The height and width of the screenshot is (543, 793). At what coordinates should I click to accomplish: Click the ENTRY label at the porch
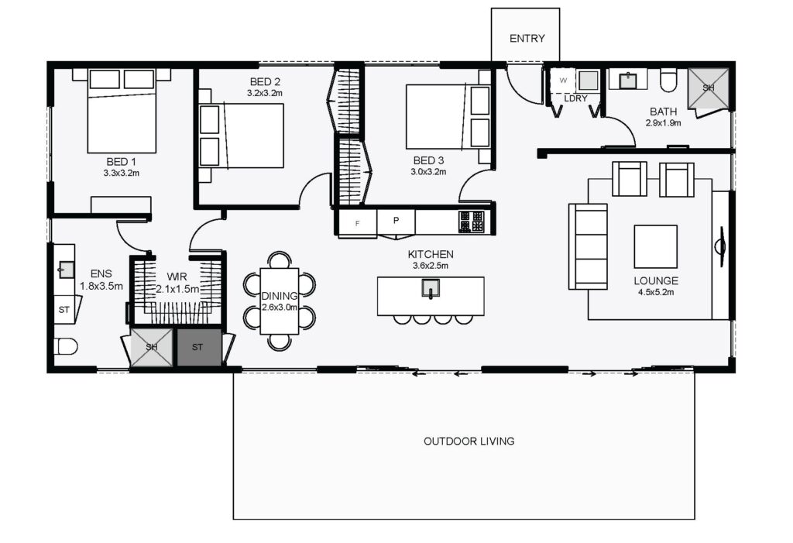[x=527, y=39]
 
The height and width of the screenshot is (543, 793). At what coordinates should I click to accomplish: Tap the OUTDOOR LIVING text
[x=469, y=442]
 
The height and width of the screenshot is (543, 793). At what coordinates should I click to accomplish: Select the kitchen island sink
[x=431, y=288]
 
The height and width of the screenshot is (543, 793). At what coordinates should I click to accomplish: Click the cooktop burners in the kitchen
[x=472, y=222]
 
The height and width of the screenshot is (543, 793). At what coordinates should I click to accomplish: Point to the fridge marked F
[x=358, y=223]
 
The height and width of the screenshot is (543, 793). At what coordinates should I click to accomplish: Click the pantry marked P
[x=396, y=222]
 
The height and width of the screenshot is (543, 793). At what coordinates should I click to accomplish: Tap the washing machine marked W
[x=563, y=81]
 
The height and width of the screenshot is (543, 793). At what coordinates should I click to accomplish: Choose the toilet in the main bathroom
[x=668, y=80]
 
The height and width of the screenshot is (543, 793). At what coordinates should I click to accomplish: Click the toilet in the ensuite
[x=66, y=346]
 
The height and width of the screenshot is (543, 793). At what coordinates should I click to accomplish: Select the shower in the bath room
[x=708, y=88]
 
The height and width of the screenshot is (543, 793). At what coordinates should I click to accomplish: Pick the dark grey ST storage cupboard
[x=199, y=347]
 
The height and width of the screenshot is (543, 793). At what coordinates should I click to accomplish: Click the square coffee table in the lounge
[x=655, y=246]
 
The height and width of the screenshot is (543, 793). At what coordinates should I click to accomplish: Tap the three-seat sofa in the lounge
[x=588, y=246]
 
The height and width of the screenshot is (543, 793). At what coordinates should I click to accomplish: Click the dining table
[x=279, y=301]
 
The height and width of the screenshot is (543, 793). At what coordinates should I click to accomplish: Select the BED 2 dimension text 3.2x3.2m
[x=265, y=93]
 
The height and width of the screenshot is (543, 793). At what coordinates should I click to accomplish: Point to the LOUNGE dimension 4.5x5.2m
[x=656, y=292]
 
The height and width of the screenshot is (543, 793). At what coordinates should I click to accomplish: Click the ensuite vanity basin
[x=67, y=270]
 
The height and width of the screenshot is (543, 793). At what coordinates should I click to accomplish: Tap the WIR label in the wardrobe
[x=177, y=277]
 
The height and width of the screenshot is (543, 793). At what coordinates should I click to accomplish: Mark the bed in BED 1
[x=122, y=111]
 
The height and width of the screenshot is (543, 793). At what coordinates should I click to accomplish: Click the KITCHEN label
[x=431, y=255]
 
